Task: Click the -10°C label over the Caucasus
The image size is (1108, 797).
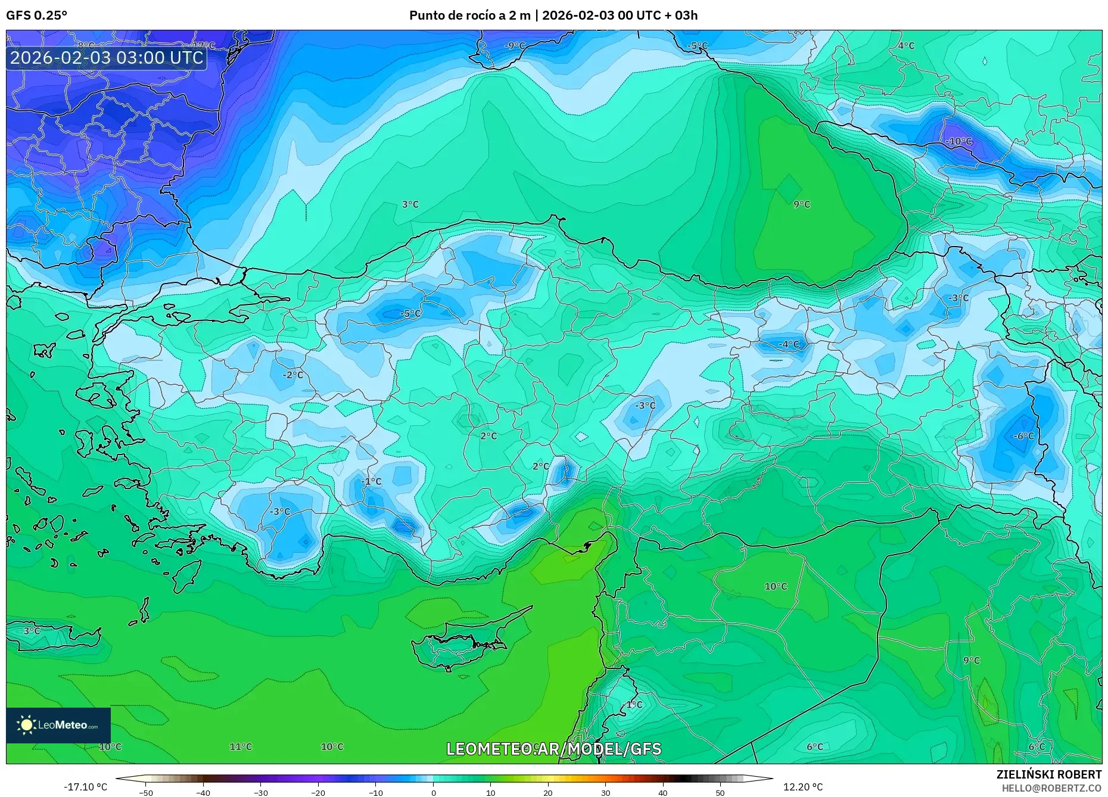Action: coord(958,141)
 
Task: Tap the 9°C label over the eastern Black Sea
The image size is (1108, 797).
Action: coord(802,204)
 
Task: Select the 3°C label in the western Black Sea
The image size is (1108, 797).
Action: coord(410,204)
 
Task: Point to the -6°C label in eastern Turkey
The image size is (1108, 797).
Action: coord(1023,436)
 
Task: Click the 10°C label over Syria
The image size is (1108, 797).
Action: coord(776,586)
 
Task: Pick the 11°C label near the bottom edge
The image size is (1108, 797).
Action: coord(241,746)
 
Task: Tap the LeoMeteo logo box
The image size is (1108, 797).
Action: coord(58,725)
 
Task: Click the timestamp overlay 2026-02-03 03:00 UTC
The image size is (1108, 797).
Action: coord(107,58)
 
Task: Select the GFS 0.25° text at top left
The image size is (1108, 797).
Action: coord(36,15)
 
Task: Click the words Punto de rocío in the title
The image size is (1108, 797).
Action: coord(454,15)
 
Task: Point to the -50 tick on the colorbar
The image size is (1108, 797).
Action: coord(146,792)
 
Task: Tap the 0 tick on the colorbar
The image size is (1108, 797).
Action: coord(434,792)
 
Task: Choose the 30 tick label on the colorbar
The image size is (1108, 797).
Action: coord(605,792)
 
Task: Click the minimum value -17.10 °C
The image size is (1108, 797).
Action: coord(85,787)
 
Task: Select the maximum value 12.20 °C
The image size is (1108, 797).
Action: coord(803,787)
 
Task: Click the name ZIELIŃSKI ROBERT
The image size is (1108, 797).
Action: coord(1048,774)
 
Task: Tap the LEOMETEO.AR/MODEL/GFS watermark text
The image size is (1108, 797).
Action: coord(553,749)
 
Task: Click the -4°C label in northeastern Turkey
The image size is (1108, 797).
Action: coord(789,344)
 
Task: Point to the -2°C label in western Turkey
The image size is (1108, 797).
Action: coord(292,375)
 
